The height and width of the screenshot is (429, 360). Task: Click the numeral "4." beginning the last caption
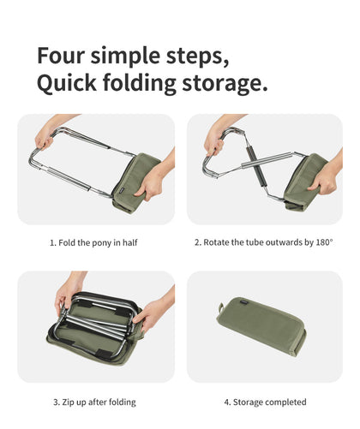coord(227,402)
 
